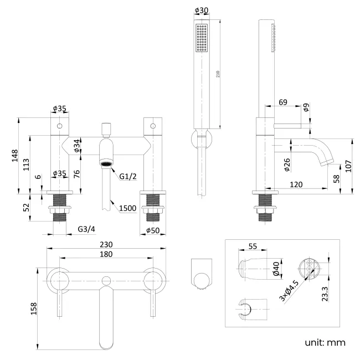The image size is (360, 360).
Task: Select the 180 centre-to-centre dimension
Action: pos(106,254)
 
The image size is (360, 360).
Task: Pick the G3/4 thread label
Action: pos(86,229)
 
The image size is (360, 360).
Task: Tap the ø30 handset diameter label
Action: pos(201,11)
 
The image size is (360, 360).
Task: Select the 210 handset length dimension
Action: pos(218,74)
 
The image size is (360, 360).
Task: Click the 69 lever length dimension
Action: pos(283,102)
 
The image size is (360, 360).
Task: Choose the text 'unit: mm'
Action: pos(325,342)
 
